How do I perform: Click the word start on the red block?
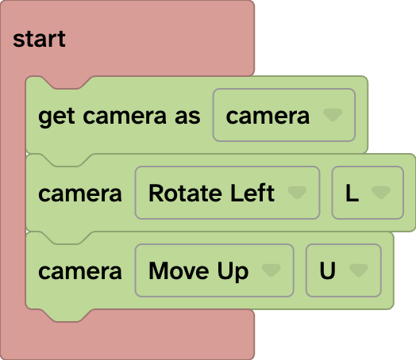tap(39, 39)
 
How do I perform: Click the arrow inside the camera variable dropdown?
tap(333, 117)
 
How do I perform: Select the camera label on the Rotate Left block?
tap(80, 193)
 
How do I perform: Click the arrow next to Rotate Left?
tap(297, 193)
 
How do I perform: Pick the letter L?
tap(352, 193)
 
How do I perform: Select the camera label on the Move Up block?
tap(80, 270)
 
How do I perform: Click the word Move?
tap(177, 270)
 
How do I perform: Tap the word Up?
tap(231, 270)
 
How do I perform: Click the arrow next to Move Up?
tap(272, 270)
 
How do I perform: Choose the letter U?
tap(327, 270)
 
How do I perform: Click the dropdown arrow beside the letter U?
tap(358, 270)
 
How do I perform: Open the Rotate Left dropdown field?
tap(227, 193)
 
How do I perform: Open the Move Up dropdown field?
tap(214, 270)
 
